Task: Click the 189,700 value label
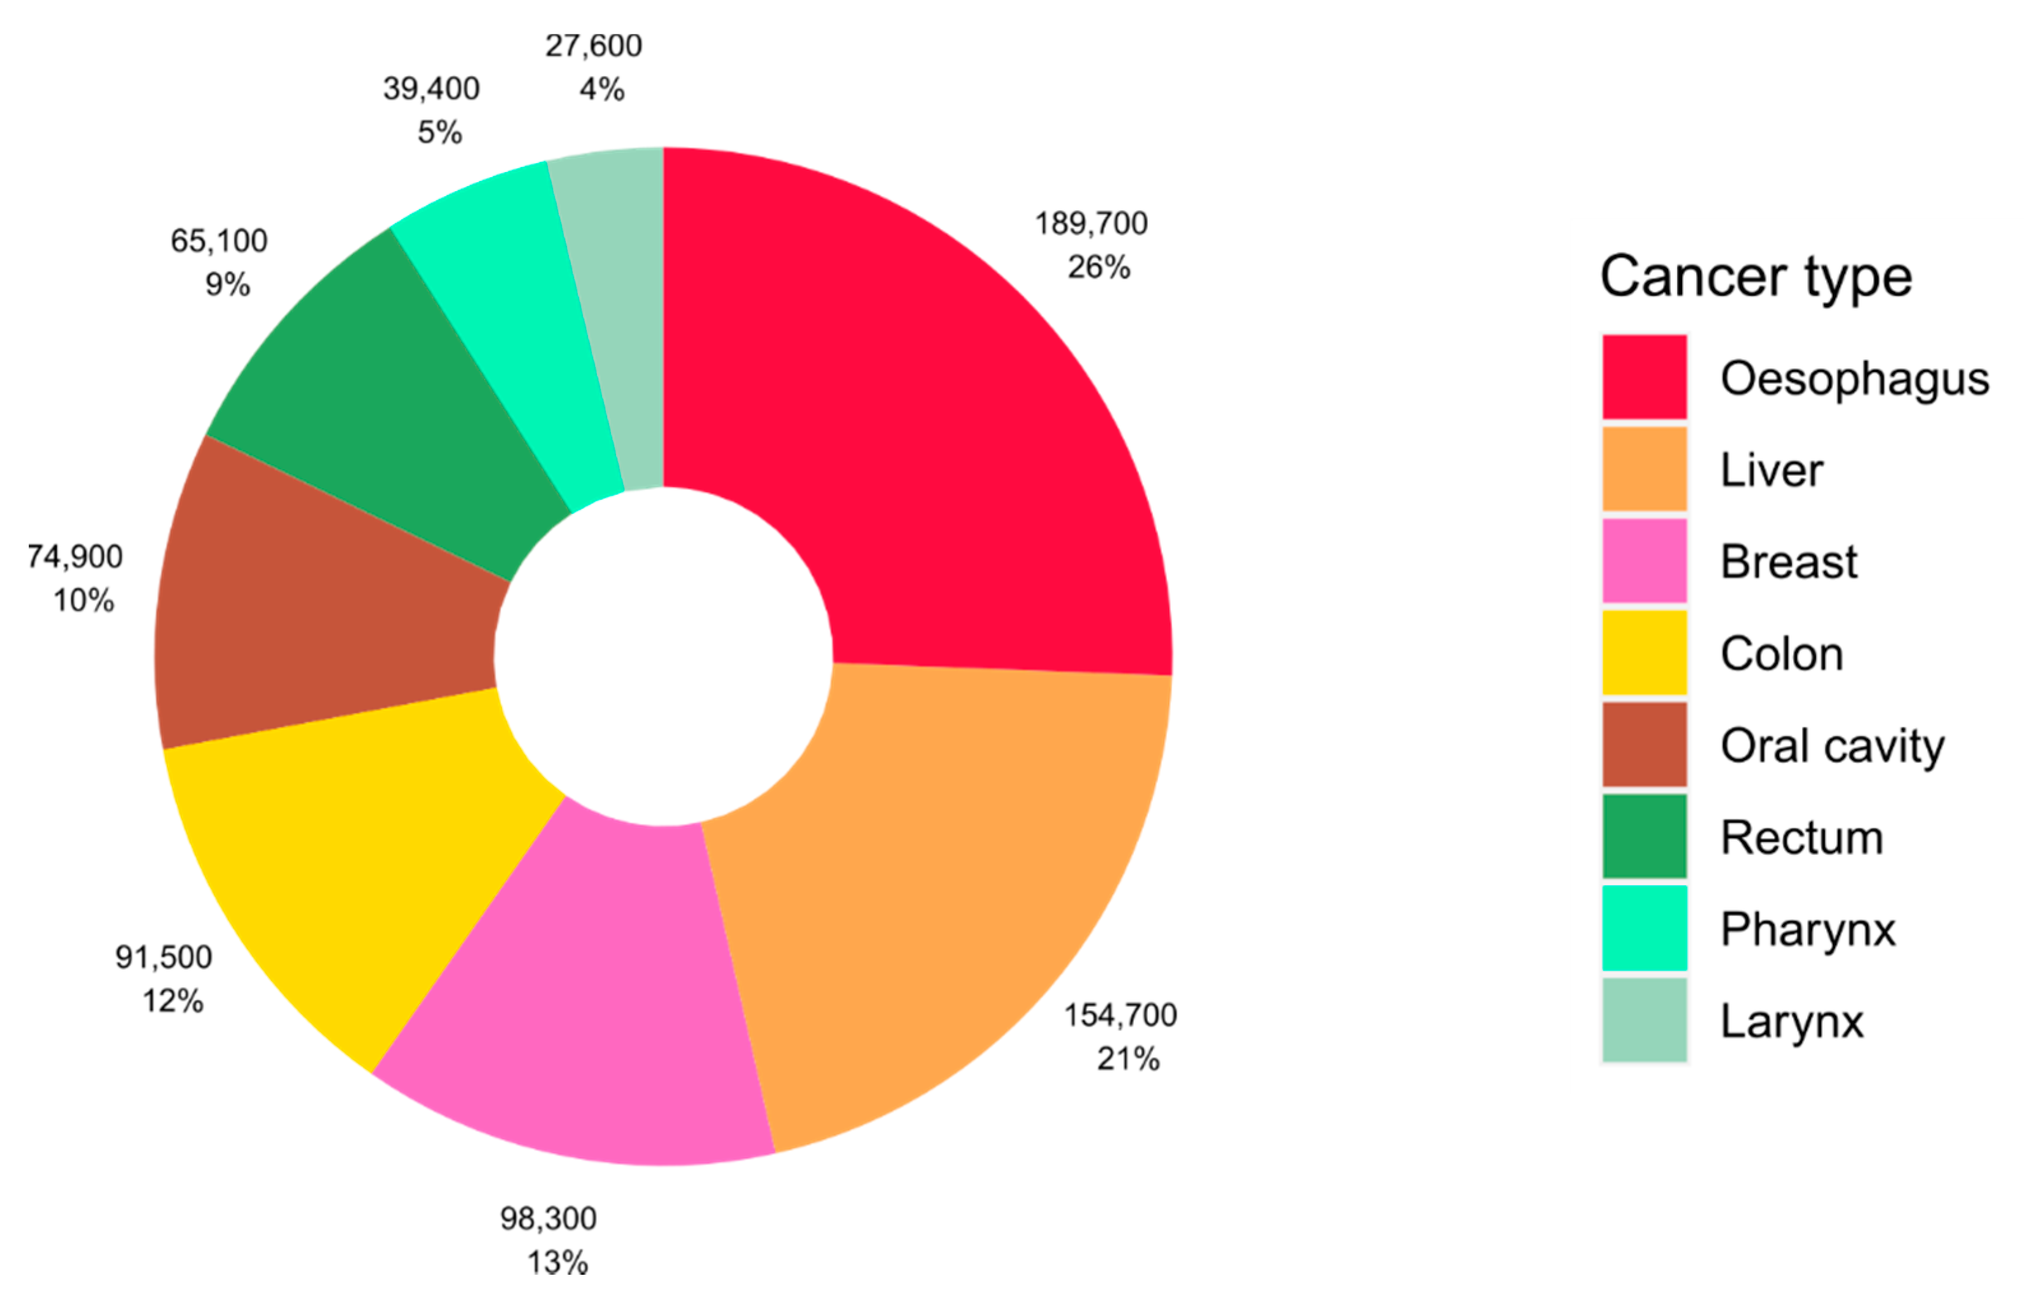point(1091,224)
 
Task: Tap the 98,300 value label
point(548,1219)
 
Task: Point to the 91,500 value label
point(164,957)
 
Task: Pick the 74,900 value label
point(75,556)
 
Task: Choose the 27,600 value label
point(594,46)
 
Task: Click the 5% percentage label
point(439,133)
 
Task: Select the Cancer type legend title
point(1756,277)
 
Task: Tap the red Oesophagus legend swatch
point(1644,377)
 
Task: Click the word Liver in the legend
point(1771,470)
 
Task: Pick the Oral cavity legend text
point(1832,746)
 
